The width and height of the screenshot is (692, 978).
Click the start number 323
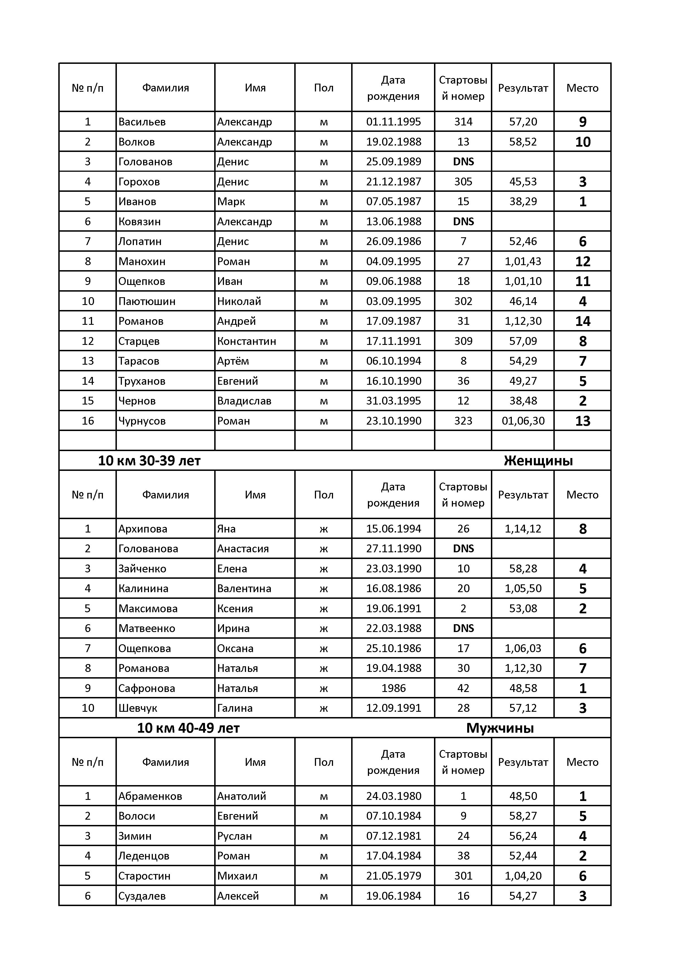(x=463, y=421)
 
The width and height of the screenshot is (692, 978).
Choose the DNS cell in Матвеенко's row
(x=463, y=628)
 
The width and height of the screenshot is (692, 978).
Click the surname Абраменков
(x=150, y=796)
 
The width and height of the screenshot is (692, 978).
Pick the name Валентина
(x=244, y=589)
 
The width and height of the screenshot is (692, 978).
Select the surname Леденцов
(x=144, y=856)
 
